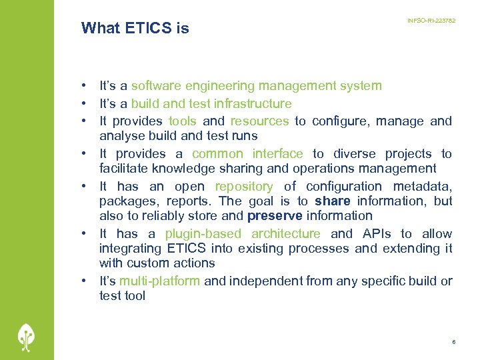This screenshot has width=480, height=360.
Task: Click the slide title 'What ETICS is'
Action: click(x=135, y=28)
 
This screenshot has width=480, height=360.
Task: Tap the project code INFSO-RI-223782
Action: click(x=431, y=21)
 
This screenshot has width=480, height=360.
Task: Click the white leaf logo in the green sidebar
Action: click(x=26, y=336)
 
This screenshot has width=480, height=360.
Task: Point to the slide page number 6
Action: click(x=453, y=342)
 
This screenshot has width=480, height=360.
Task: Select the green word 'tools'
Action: click(x=182, y=121)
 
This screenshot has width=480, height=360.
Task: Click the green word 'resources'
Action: click(x=259, y=121)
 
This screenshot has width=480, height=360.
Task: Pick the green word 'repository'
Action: click(x=243, y=187)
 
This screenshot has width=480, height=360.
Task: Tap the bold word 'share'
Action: click(x=332, y=201)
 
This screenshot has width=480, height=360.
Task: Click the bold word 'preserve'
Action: click(x=275, y=216)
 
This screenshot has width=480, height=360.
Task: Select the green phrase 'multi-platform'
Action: click(x=159, y=281)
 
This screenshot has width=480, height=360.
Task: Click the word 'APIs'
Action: click(x=377, y=234)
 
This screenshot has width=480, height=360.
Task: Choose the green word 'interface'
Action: click(x=277, y=154)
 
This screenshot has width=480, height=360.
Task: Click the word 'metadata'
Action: click(x=423, y=187)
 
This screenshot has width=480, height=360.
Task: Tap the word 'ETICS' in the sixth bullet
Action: click(x=187, y=249)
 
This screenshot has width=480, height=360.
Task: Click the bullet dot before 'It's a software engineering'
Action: click(x=85, y=86)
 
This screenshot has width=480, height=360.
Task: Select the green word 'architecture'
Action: click(x=286, y=234)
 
